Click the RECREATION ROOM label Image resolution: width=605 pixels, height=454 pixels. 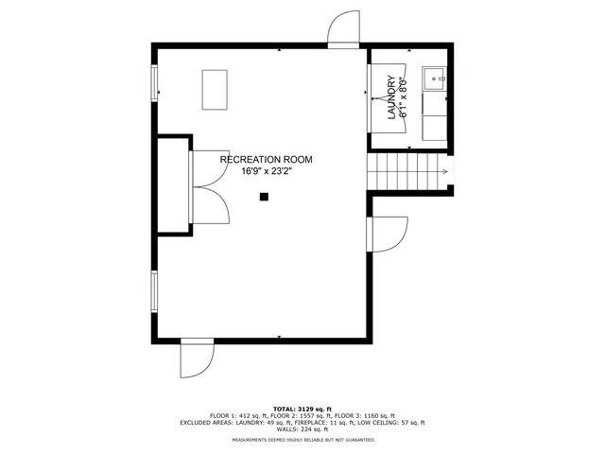266,160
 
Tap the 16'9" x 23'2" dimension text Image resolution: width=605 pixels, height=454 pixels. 266,172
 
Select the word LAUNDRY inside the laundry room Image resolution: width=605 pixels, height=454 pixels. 390,98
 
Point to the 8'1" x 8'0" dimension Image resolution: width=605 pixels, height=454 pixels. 403,98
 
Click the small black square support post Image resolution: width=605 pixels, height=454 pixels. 265,197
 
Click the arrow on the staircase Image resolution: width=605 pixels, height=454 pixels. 443,172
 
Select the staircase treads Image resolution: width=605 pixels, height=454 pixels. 404,172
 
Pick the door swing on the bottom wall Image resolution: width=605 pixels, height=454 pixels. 199,358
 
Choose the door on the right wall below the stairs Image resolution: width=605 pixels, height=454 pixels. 388,233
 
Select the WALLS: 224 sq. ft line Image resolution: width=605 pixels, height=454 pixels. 302,430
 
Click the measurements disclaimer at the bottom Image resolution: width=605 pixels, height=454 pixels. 302,440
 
